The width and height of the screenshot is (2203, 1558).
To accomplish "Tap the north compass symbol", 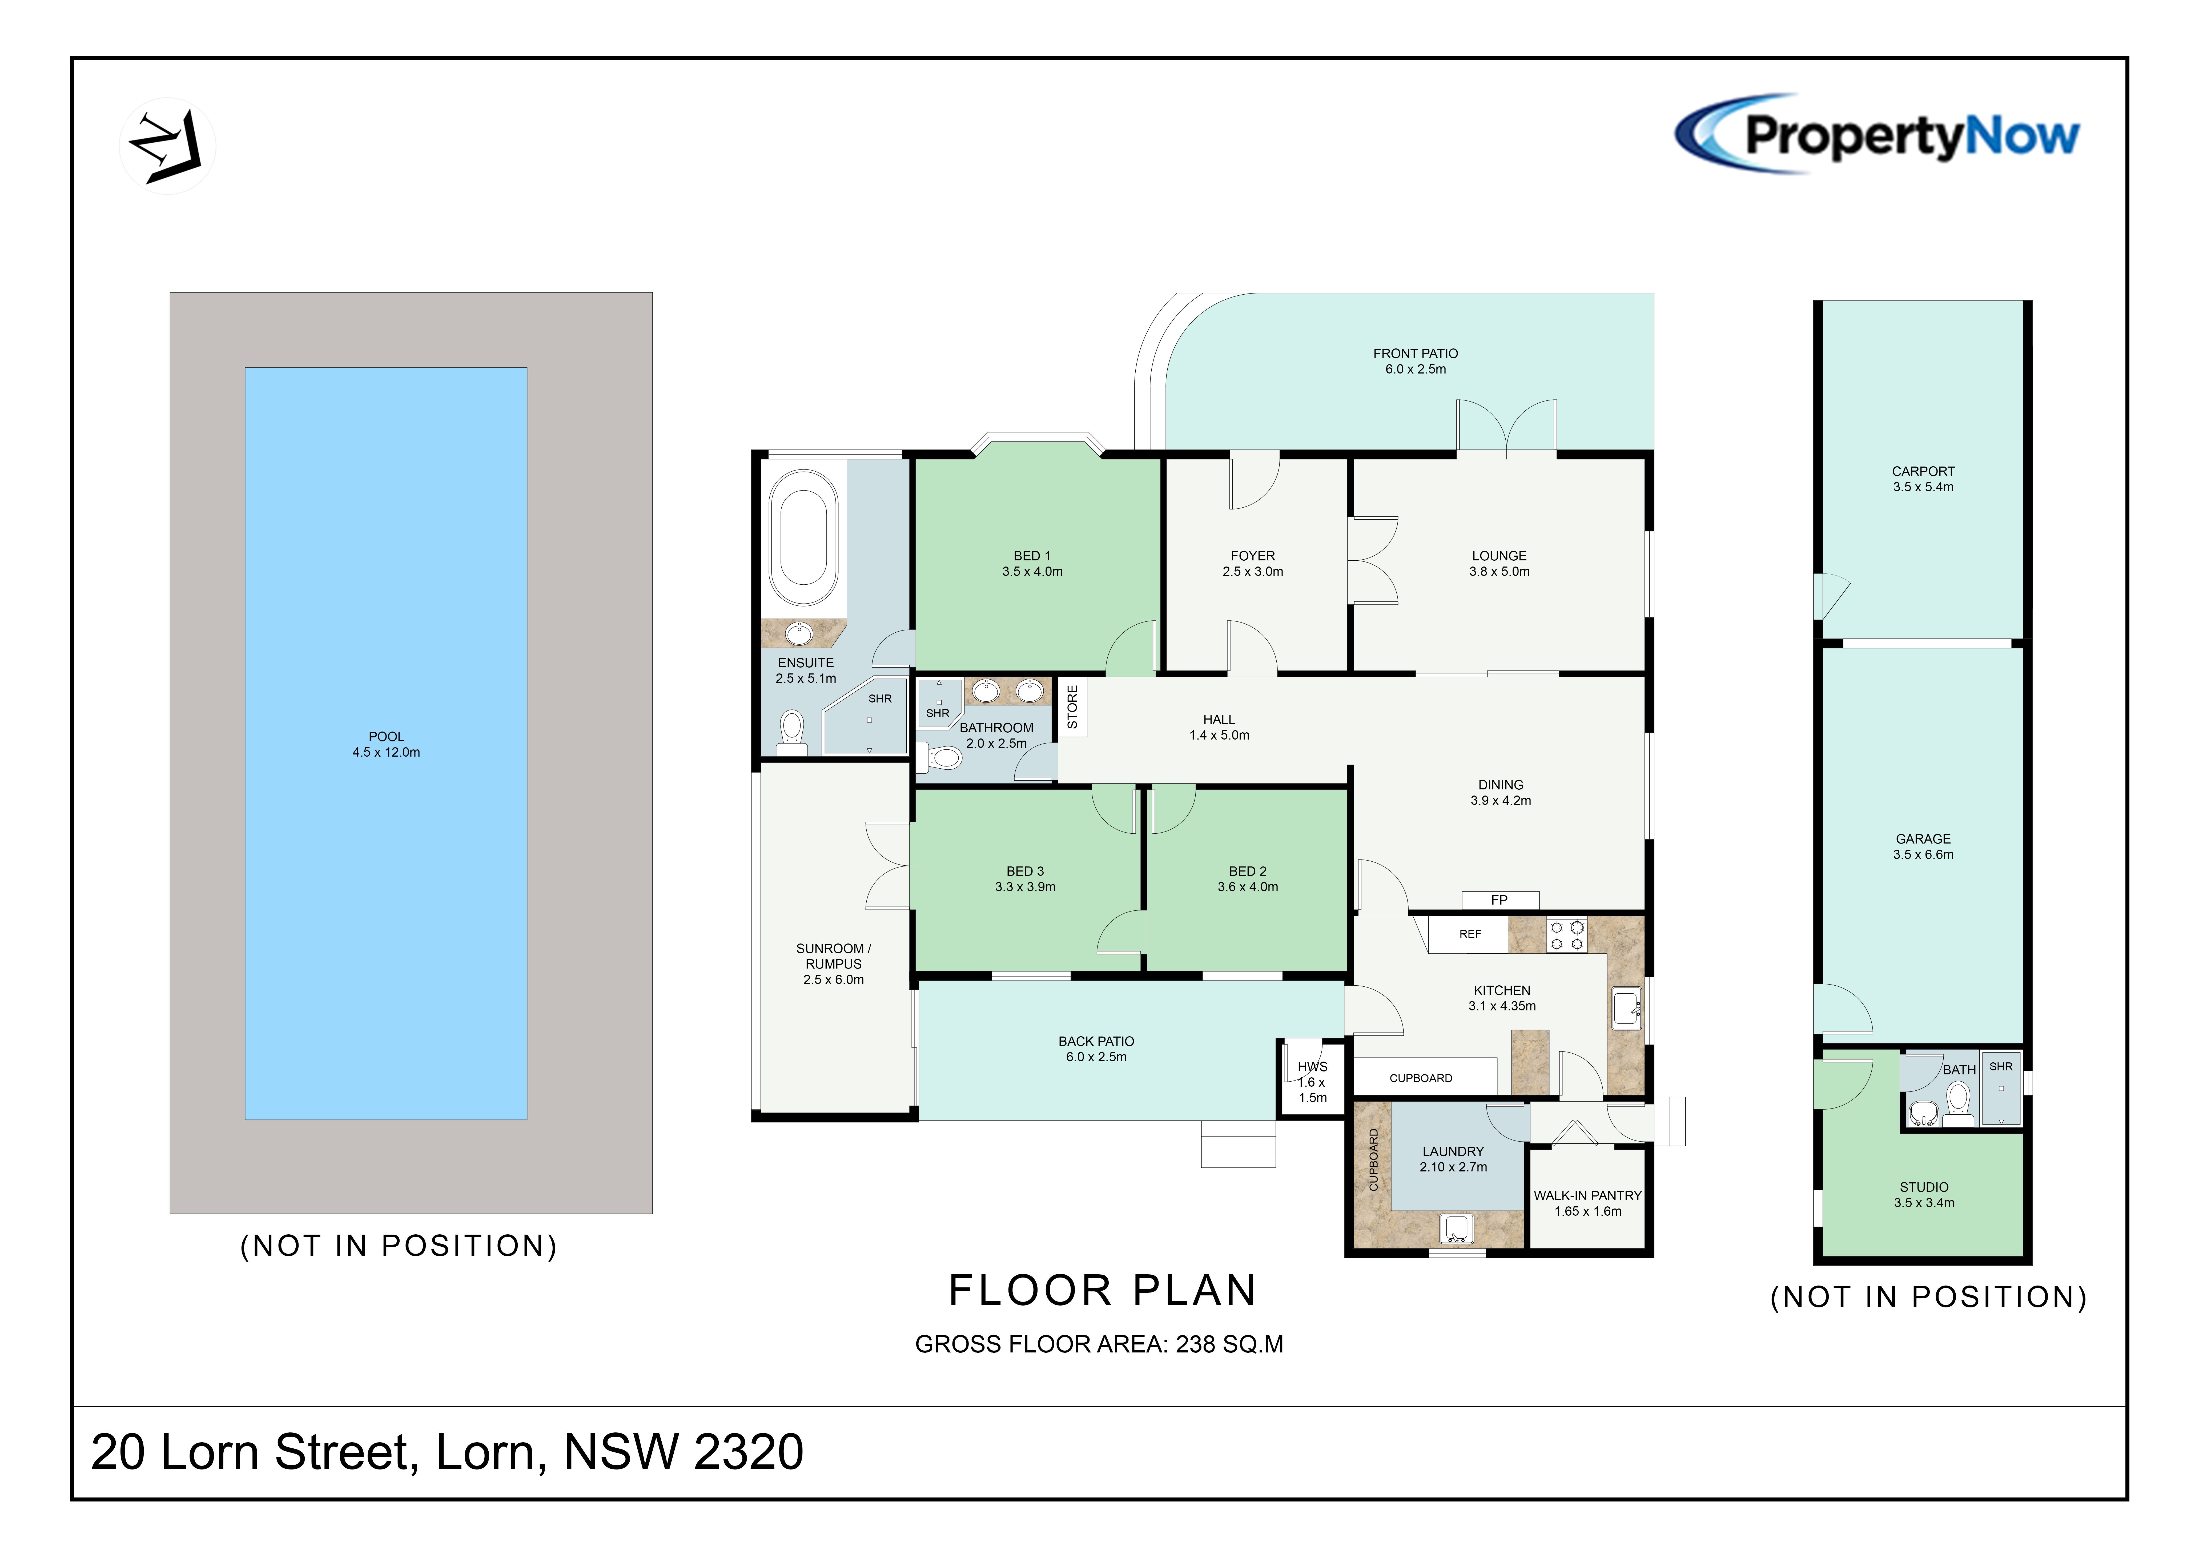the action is pyautogui.click(x=167, y=146).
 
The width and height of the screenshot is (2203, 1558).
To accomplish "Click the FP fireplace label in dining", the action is pyautogui.click(x=1500, y=900).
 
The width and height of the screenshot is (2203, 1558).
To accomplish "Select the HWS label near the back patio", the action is pyautogui.click(x=1313, y=1067).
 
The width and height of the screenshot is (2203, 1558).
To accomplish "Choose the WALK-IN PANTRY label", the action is pyautogui.click(x=1588, y=1195).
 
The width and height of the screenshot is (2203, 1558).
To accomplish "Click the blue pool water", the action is pyautogui.click(x=386, y=744).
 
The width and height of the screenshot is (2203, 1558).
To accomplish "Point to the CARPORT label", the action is pyautogui.click(x=1923, y=471).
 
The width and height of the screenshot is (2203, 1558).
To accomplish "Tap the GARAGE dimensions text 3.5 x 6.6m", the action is pyautogui.click(x=1923, y=855).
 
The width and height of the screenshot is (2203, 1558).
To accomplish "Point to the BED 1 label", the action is pyautogui.click(x=1032, y=556).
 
